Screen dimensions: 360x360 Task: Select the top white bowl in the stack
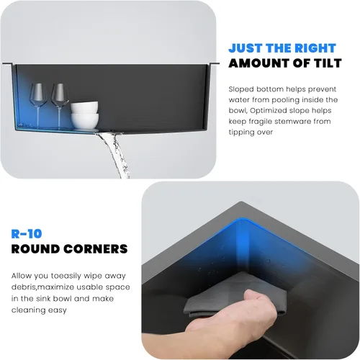click(84, 107)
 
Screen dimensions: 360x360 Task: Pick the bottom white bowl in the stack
click(85, 121)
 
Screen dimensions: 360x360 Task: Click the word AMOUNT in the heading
click(253, 63)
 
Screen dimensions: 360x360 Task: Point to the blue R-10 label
click(27, 234)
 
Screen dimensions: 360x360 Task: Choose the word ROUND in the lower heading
click(35, 249)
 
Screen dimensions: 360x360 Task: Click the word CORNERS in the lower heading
click(96, 249)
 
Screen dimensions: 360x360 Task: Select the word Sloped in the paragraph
click(241, 89)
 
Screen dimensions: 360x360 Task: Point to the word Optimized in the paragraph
click(268, 111)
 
